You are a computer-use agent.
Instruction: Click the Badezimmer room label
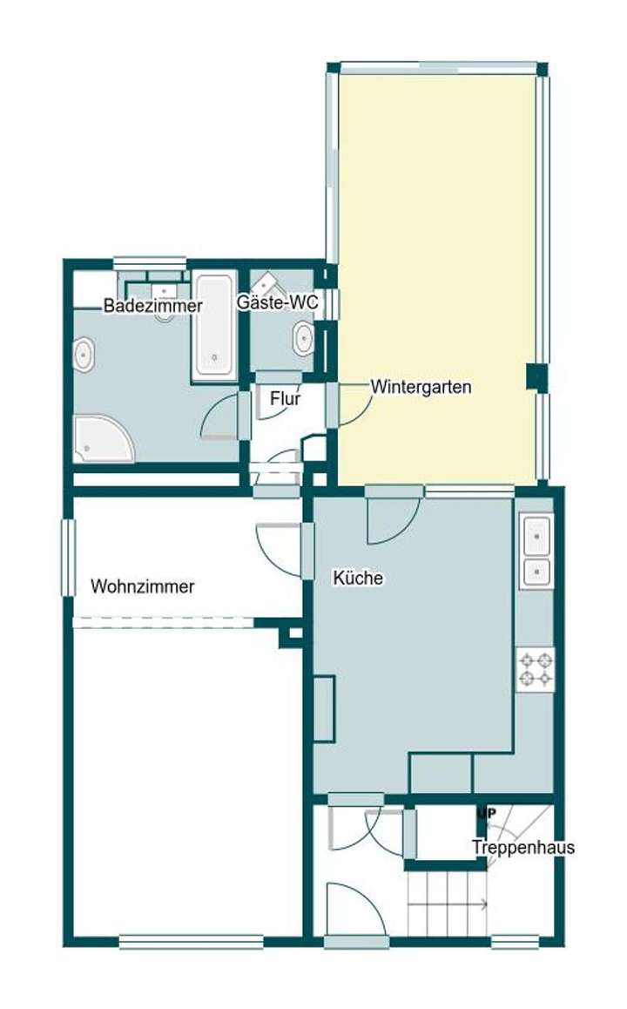coord(153,306)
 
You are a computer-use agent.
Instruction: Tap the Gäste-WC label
coord(277,302)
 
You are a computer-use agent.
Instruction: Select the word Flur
coord(285,399)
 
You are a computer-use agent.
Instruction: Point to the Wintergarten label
coord(421,386)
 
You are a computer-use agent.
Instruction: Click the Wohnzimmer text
coord(142,586)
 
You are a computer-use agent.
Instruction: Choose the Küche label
coord(358,578)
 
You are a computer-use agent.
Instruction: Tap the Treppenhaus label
coord(523,847)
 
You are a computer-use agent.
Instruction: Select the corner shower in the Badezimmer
coord(101,437)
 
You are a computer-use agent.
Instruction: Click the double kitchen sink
coord(536,551)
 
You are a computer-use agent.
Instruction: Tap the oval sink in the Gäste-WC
coord(303,338)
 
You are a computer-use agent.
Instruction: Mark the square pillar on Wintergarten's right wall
coord(537,376)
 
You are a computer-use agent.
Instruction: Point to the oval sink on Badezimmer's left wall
coord(84,356)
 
